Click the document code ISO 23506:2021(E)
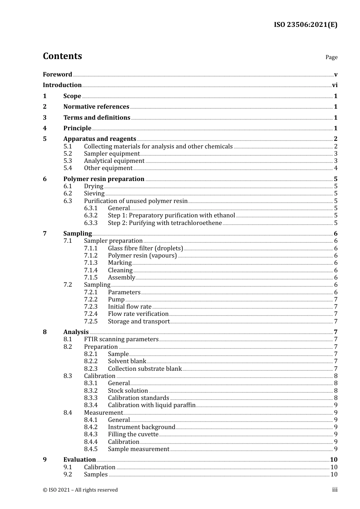(305, 25)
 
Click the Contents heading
(62, 56)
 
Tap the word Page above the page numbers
(331, 57)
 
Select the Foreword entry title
(57, 75)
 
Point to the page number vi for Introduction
(335, 85)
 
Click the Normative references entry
(96, 107)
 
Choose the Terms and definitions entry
(97, 118)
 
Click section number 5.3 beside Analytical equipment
(67, 161)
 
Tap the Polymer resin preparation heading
(104, 179)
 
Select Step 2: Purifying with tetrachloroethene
(165, 223)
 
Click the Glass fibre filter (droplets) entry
(146, 248)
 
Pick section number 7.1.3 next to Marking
(91, 263)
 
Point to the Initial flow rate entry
(130, 307)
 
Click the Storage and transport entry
(139, 322)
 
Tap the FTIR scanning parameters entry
(121, 339)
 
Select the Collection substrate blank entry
(145, 369)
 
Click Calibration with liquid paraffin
(152, 405)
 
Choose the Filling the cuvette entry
(133, 434)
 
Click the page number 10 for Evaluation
(333, 460)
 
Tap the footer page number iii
(335, 490)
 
